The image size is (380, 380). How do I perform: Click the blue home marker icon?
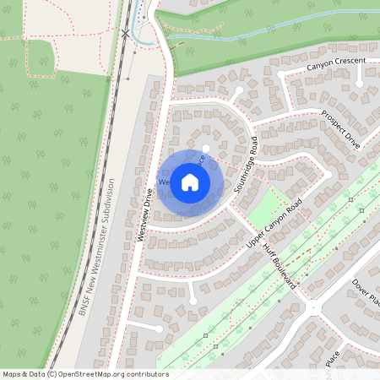point(190,181)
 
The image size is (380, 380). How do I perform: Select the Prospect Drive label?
point(341,129)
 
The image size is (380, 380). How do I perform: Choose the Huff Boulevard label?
point(275,264)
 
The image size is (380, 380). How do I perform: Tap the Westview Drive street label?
point(144,215)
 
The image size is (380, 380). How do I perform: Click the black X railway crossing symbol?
point(126,33)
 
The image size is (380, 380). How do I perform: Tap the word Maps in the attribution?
point(12,373)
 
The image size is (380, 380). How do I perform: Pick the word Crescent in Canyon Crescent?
point(350,62)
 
